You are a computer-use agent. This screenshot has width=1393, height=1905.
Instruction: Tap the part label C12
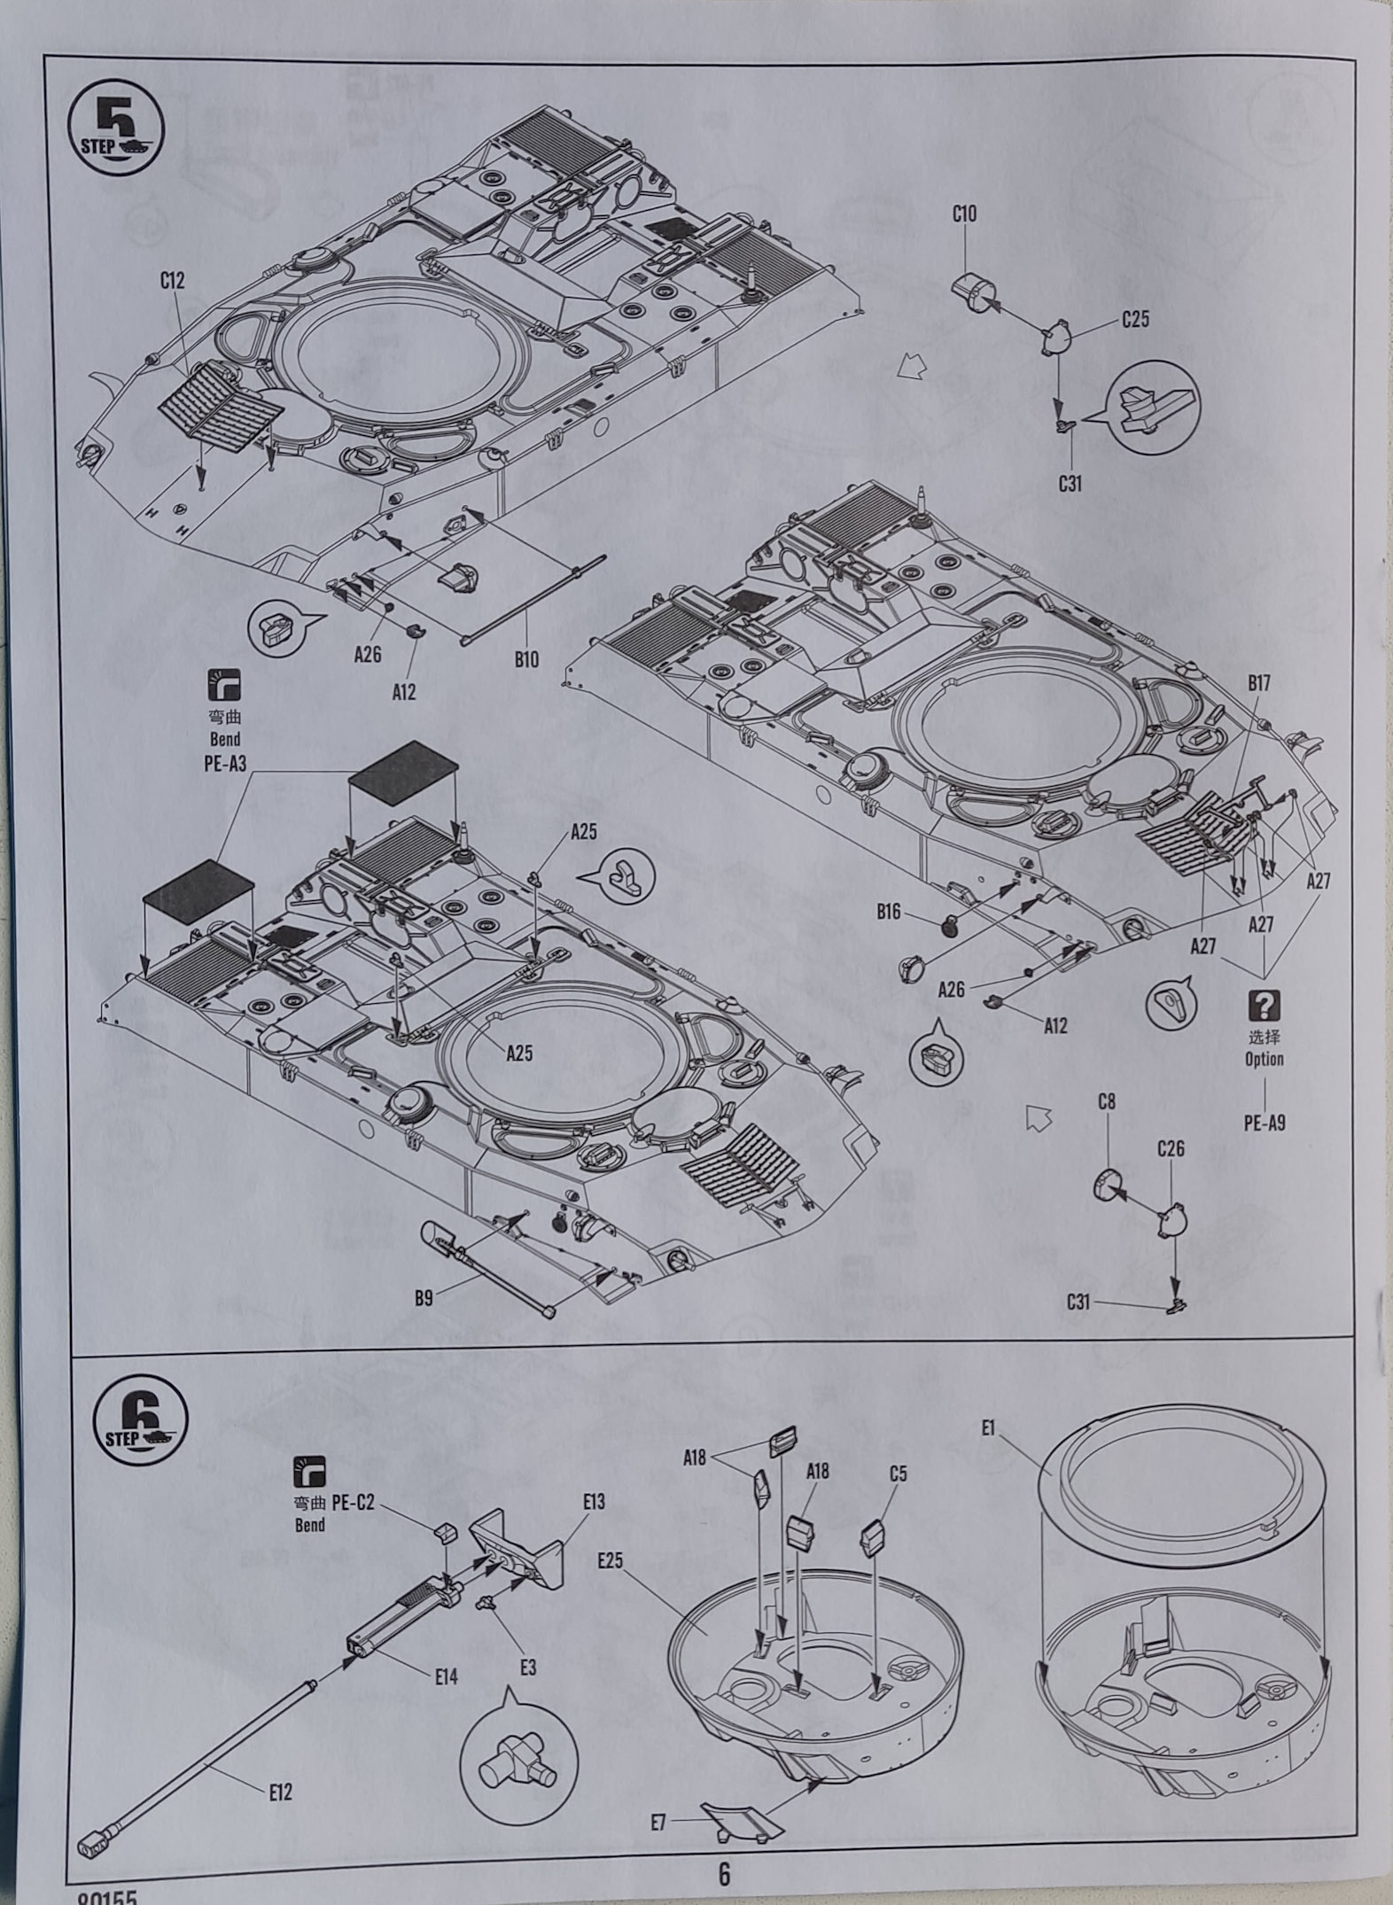[x=173, y=281]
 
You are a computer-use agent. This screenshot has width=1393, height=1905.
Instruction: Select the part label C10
[x=965, y=214]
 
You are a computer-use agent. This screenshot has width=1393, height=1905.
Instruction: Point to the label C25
[x=1135, y=319]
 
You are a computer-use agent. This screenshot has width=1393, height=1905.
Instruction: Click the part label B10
[x=525, y=659]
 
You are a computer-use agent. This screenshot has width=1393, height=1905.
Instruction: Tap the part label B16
[x=889, y=913]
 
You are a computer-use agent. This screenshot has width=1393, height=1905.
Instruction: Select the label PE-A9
[x=1265, y=1124]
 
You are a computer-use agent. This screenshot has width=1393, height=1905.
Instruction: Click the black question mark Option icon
[x=1265, y=1005]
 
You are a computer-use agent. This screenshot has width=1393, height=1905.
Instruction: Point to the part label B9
[x=424, y=1299]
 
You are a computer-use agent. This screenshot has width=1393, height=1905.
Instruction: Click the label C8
[x=1107, y=1102]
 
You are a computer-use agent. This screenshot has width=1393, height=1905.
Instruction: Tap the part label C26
[x=1171, y=1149]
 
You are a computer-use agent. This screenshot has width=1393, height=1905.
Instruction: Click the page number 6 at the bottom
[x=724, y=1875]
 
